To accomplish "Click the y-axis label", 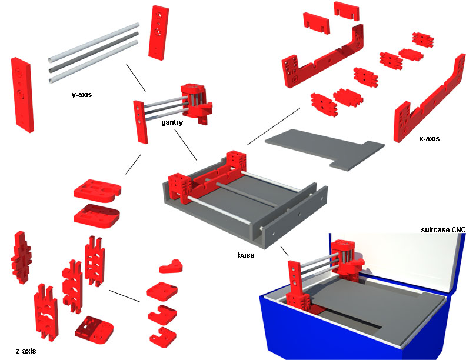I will click(81, 94).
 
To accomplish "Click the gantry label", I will click(171, 122).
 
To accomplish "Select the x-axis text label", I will click(429, 139).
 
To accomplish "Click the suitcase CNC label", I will click(443, 229).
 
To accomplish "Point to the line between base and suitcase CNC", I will click(285, 251).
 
